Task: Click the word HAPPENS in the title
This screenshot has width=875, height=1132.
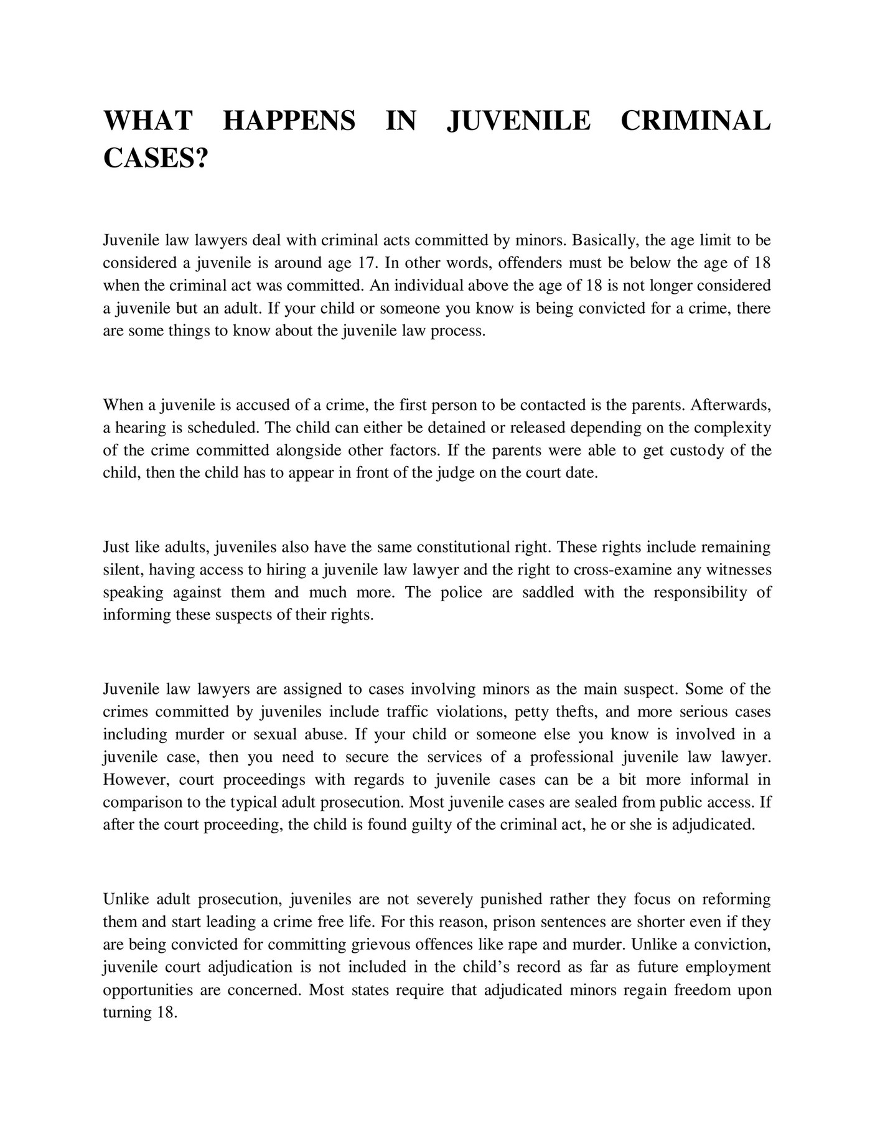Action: [x=289, y=121]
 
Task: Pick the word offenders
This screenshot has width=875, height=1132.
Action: [x=530, y=263]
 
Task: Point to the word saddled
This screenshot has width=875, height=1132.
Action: [x=548, y=592]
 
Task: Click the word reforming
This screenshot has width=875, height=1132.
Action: [x=736, y=900]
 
